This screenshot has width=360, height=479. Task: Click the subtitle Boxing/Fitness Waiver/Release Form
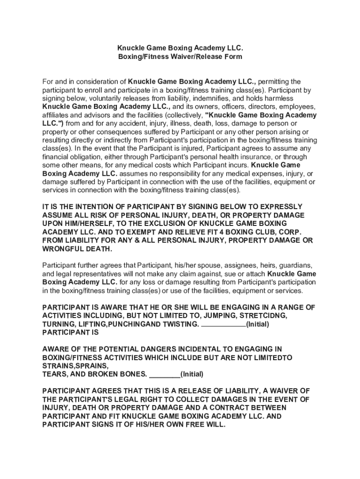point(180,57)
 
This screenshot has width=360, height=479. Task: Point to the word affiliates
point(56,115)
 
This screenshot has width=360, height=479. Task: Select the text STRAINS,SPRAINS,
point(75,366)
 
